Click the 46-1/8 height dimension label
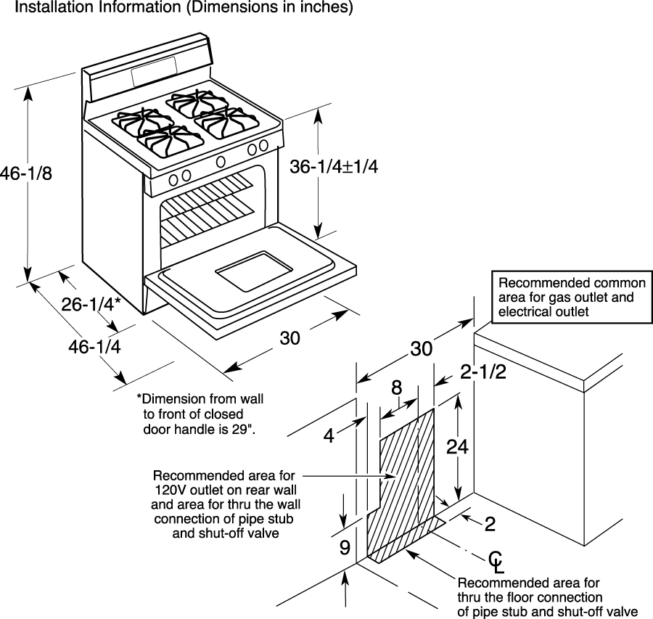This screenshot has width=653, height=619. click(26, 173)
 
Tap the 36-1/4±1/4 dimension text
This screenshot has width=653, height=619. click(334, 167)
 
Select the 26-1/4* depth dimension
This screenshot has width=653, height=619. click(91, 305)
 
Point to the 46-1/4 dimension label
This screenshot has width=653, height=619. click(94, 347)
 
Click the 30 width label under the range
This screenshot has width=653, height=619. click(289, 338)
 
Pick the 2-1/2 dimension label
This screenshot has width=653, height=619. click(483, 372)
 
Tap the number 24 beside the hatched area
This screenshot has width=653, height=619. click(457, 446)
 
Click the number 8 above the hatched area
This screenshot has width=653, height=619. click(396, 388)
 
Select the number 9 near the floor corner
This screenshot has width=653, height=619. click(345, 547)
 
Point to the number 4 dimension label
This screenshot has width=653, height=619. click(329, 435)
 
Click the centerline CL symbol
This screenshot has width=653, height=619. click(496, 562)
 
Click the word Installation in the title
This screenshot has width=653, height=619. click(54, 7)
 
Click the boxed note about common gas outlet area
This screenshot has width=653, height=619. click(572, 297)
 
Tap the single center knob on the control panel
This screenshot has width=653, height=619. click(221, 162)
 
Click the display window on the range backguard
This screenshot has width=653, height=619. click(155, 71)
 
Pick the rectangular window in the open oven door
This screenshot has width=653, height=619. click(254, 271)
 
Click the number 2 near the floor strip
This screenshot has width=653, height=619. click(490, 524)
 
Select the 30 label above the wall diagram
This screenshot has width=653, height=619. click(422, 348)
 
